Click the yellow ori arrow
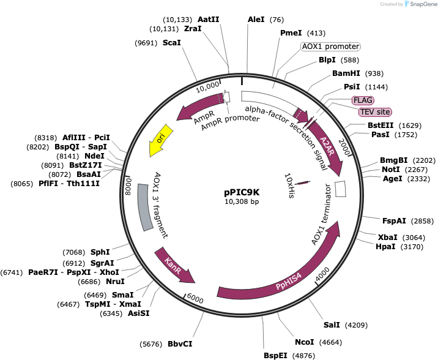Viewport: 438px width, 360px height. coord(160,140)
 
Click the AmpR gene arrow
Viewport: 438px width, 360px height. coord(199,106)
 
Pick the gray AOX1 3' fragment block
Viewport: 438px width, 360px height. coord(145,207)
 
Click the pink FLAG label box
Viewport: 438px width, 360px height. coord(363,100)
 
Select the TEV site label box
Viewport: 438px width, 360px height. coord(375,112)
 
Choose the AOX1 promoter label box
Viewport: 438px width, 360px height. coord(331,47)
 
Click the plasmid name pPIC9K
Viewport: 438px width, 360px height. coord(242,192)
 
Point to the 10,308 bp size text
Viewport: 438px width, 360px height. coord(242,201)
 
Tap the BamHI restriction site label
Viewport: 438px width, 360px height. coord(346,73)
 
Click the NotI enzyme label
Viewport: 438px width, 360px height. coord(391,170)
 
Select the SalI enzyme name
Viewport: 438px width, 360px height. coord(332,324)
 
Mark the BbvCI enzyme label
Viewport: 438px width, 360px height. coord(180,344)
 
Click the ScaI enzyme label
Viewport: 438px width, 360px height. coord(172,42)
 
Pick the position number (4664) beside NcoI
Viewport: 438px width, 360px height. coord(330,342)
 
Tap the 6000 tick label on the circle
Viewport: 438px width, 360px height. coord(195,298)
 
